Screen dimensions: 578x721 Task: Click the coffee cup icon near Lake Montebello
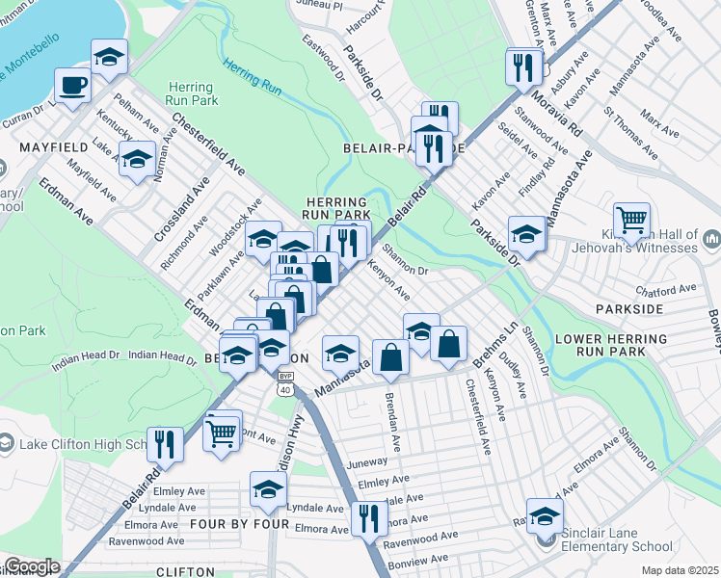[x=72, y=86]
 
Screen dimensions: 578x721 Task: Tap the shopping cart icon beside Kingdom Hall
[x=631, y=221]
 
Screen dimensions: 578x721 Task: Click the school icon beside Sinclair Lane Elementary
[x=545, y=514]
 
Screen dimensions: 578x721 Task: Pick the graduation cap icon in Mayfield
[x=137, y=158]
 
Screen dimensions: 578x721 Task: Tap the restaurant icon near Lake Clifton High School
[x=166, y=444]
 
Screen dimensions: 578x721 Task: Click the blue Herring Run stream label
[x=252, y=77]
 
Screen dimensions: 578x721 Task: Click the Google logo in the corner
[x=31, y=566]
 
